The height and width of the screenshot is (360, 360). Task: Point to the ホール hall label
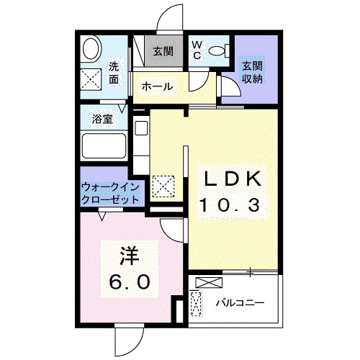tap(156, 86)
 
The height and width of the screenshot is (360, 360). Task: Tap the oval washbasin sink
tap(91, 50)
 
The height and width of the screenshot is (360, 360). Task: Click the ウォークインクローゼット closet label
tap(110, 192)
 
